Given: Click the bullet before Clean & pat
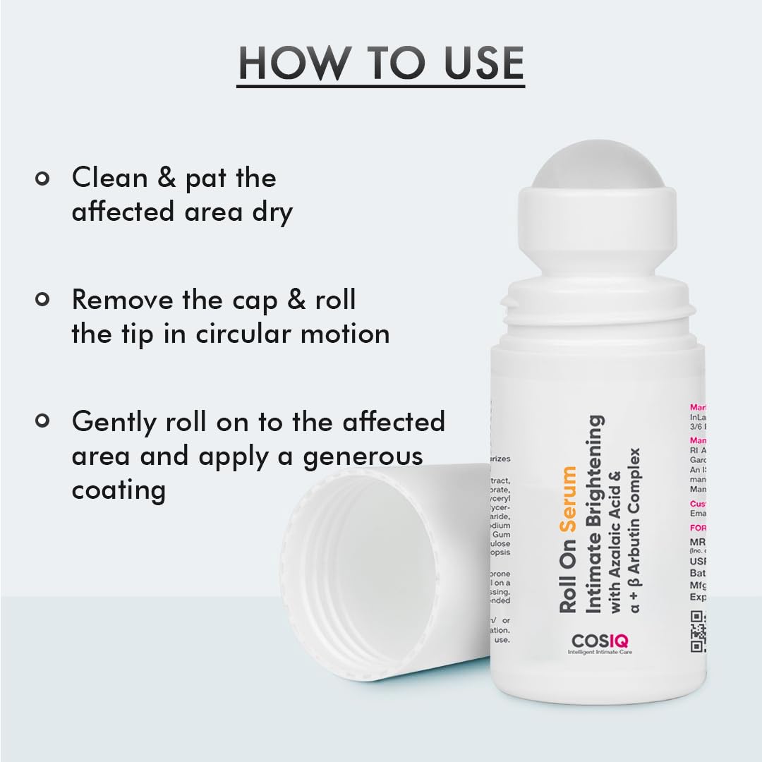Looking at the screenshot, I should (x=42, y=178).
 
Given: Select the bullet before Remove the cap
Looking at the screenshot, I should (x=42, y=300).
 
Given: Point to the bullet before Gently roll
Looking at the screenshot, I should (x=42, y=421).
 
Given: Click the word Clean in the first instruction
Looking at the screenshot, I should (x=109, y=178).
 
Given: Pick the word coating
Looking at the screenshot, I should (x=119, y=490).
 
